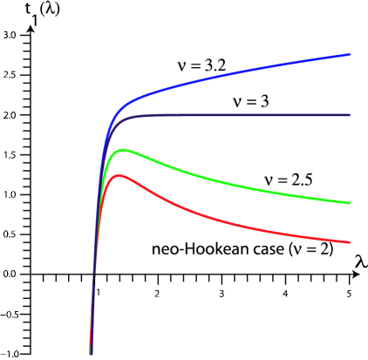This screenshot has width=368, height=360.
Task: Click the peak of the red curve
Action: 120,175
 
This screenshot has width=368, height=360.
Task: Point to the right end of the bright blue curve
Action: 349,55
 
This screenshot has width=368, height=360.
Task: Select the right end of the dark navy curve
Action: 349,115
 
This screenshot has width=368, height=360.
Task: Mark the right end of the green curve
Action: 349,203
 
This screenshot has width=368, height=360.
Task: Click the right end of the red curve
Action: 349,242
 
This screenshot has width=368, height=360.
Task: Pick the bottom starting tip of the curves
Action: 90,353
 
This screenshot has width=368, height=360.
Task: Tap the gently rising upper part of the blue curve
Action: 262,69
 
